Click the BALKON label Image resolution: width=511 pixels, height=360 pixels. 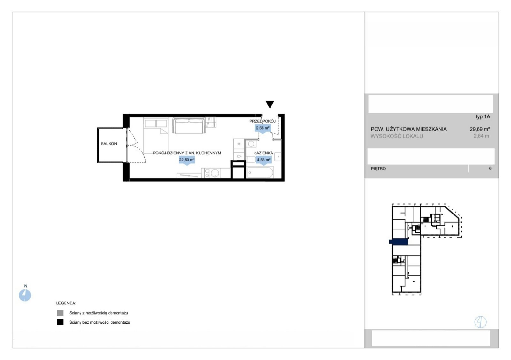coord(109,144)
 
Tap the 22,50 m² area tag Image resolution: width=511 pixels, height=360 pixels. coord(187,160)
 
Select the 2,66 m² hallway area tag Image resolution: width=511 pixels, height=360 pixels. coord(263,128)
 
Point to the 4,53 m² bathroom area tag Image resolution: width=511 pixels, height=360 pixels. coord(264,160)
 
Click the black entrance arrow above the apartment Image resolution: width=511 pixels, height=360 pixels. coord(270,104)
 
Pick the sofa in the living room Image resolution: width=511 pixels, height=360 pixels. coord(189,125)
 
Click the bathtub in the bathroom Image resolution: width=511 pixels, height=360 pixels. coord(260,173)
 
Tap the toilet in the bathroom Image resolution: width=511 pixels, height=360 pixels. coord(251,159)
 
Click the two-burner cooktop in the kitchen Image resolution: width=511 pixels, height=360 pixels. coord(207,173)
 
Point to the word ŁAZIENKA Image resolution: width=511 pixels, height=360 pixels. coord(263,153)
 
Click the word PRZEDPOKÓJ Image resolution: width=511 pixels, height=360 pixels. coord(262,121)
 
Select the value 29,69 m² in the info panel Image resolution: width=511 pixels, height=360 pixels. coord(480,129)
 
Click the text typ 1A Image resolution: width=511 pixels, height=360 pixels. coord(483,117)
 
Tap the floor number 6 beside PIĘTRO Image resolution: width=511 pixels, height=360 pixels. coord(490,169)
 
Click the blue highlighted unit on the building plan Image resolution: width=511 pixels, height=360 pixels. coord(399,242)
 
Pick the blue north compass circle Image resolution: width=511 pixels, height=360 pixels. coord(25,296)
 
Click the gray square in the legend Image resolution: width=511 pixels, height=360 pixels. coord(60,313)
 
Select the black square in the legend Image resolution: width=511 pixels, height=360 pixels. coord(60,322)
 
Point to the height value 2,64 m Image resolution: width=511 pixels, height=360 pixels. coord(481,136)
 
